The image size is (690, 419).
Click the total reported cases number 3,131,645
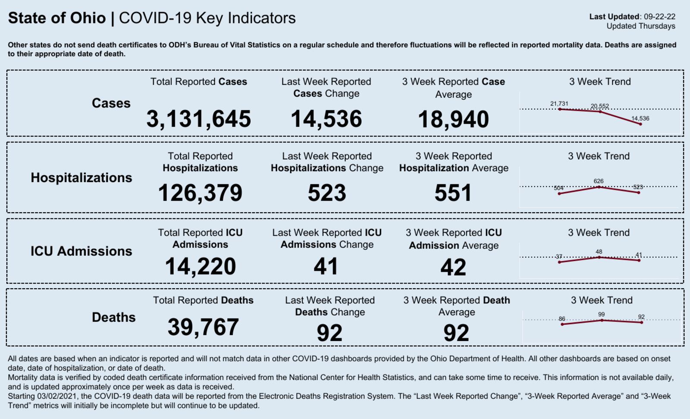click(198, 119)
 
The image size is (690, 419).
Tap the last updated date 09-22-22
click(659, 17)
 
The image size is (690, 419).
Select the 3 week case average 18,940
click(453, 119)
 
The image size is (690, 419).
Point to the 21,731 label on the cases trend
click(559, 104)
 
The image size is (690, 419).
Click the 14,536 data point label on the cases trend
click(640, 118)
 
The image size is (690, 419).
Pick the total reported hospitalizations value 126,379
click(200, 193)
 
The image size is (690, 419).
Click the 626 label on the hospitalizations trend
click(599, 181)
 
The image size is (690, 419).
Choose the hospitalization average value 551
click(453, 193)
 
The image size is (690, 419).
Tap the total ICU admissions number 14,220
click(200, 266)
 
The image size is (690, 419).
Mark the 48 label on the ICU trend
click(599, 252)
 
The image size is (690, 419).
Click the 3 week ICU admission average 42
click(453, 267)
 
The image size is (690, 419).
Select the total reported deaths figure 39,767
click(203, 327)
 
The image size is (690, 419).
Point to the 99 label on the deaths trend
click(601, 315)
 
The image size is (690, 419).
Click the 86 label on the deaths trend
click(561, 319)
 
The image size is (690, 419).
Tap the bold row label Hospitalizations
click(81, 177)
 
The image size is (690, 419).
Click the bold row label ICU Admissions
click(81, 251)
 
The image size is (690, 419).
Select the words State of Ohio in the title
click(57, 18)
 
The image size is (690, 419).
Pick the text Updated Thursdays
click(641, 26)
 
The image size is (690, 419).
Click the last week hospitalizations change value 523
click(326, 193)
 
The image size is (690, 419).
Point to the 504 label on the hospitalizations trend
click(558, 188)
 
